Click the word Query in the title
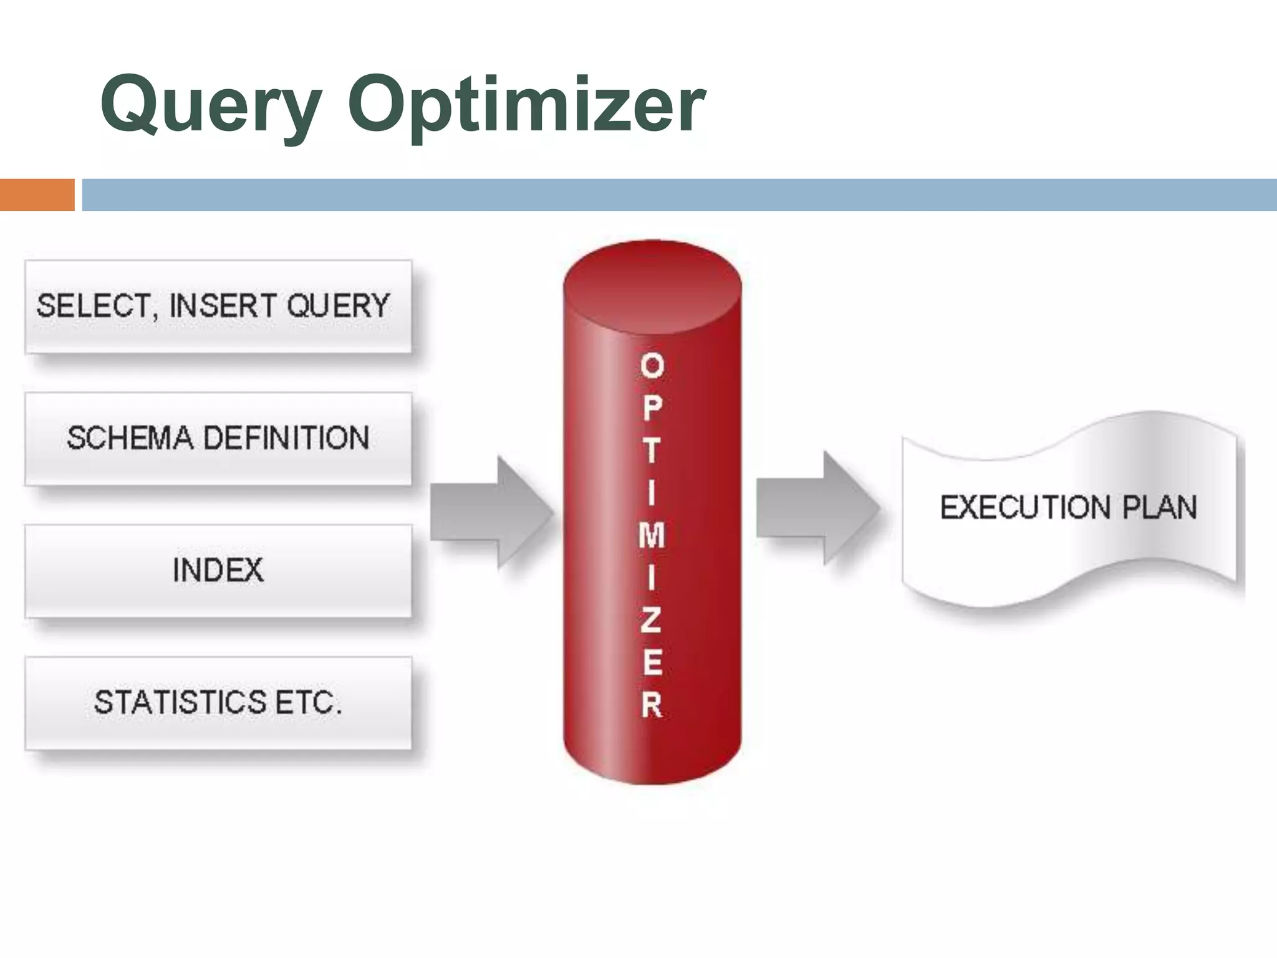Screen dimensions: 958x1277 click(x=211, y=105)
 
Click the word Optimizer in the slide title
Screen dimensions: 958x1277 click(x=527, y=105)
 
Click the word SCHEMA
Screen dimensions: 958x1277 click(x=130, y=438)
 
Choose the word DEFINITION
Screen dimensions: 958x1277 click(x=287, y=438)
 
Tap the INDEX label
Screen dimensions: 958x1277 click(x=218, y=570)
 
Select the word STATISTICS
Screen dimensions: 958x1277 click(x=180, y=702)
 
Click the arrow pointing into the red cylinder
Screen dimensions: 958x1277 click(x=493, y=511)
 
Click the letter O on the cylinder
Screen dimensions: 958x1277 click(x=652, y=365)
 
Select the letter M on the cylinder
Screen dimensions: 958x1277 click(x=652, y=535)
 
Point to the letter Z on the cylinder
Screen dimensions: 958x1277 click(x=651, y=621)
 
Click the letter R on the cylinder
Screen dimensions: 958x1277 click(x=652, y=705)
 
